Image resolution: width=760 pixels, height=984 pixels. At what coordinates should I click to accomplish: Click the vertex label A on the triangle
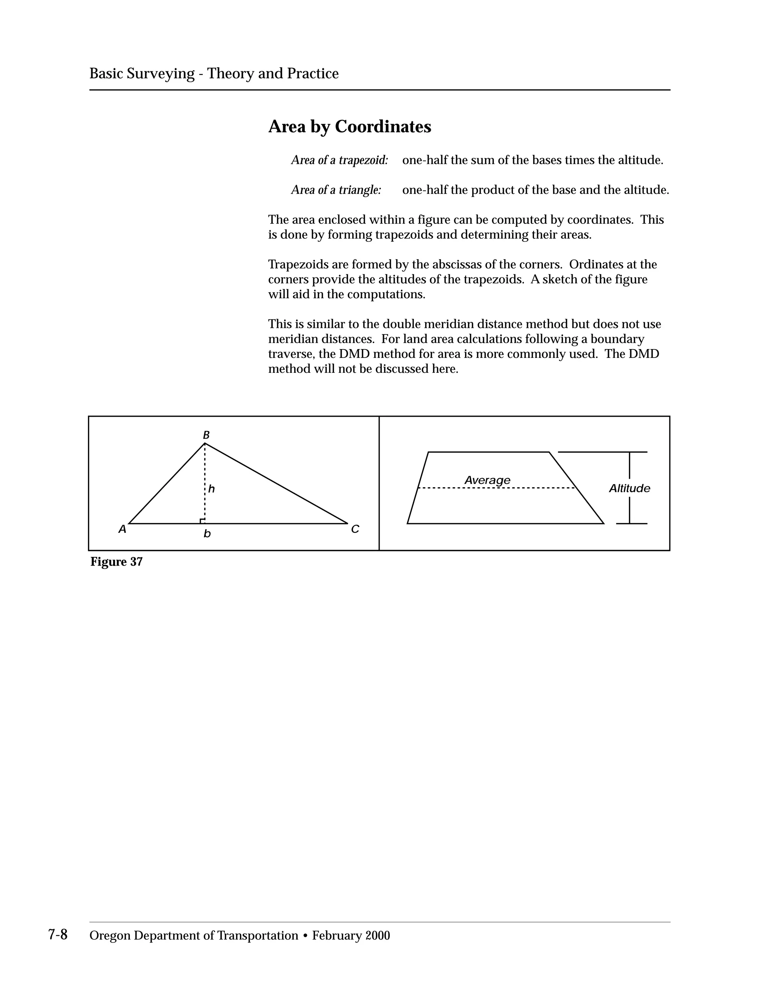tap(122, 530)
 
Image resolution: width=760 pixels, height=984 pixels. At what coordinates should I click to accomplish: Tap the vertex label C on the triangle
tap(355, 530)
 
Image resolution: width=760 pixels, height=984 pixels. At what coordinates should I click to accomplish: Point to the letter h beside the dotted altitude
tap(211, 489)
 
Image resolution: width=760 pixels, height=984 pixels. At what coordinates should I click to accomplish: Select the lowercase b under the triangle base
tap(207, 534)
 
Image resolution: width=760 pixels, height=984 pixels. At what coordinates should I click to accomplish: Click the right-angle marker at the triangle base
tap(202, 521)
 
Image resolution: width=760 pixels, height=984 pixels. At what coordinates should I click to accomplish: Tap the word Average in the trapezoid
tap(487, 480)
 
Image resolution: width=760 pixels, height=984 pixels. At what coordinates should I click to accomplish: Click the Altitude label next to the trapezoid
tap(629, 488)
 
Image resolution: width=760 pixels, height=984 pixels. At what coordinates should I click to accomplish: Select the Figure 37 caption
tap(117, 562)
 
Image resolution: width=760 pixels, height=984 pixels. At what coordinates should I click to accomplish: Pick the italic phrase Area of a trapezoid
tap(340, 160)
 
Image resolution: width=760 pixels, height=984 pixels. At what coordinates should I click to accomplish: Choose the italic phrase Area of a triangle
tap(336, 190)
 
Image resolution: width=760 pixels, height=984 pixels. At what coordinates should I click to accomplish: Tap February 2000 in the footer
tap(351, 936)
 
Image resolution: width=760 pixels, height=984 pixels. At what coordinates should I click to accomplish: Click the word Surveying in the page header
tap(160, 74)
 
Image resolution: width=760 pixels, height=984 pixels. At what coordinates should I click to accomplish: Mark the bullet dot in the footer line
tap(305, 936)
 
